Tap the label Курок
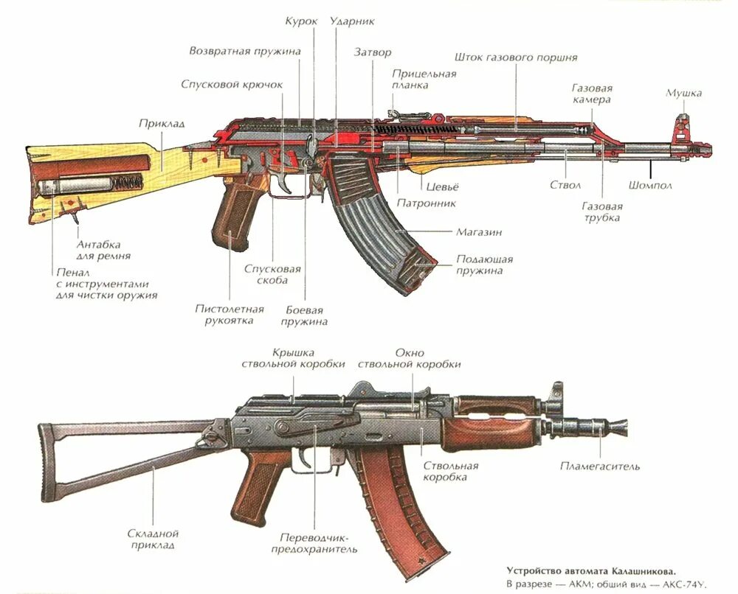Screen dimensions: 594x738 [x=301, y=21]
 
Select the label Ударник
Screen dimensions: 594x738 [x=352, y=21]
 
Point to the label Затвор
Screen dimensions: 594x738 [x=373, y=52]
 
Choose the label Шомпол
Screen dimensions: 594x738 [x=650, y=185]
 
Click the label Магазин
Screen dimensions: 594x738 [x=478, y=231]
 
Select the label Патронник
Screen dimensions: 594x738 [x=426, y=203]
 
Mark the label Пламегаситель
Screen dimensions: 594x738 [x=599, y=466]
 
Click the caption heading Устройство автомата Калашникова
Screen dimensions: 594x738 [x=590, y=570]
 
